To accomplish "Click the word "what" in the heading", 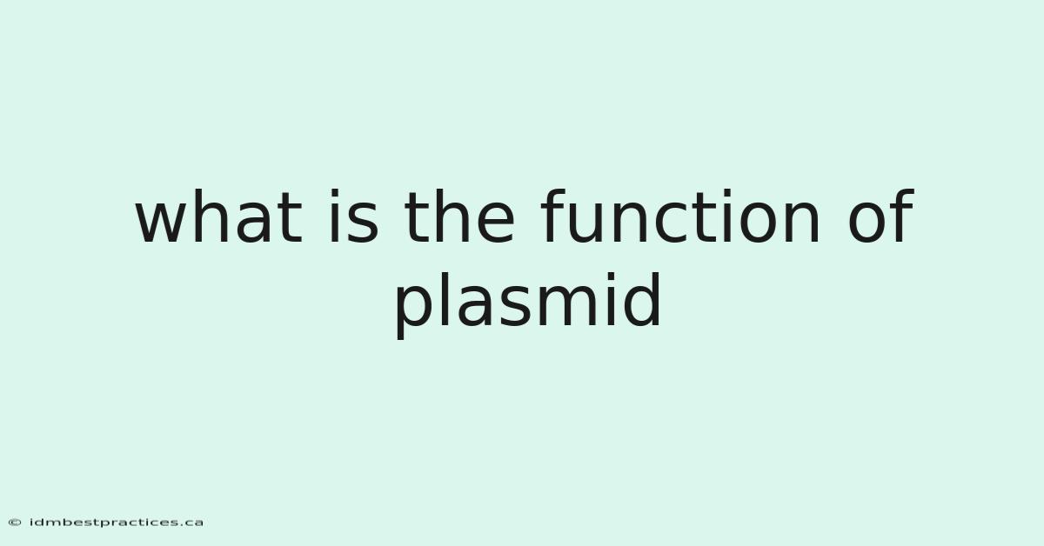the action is click(x=219, y=217).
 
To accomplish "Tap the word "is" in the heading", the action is click(x=354, y=216).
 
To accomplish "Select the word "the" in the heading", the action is click(x=459, y=216).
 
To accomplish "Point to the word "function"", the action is click(x=679, y=216).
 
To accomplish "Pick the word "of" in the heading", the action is click(x=880, y=216).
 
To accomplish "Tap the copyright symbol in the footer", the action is click(x=15, y=523).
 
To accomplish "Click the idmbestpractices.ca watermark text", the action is click(x=117, y=523).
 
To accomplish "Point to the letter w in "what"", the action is click(x=164, y=223).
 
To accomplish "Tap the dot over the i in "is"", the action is click(x=334, y=193).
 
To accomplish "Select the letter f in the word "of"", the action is click(x=901, y=216).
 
